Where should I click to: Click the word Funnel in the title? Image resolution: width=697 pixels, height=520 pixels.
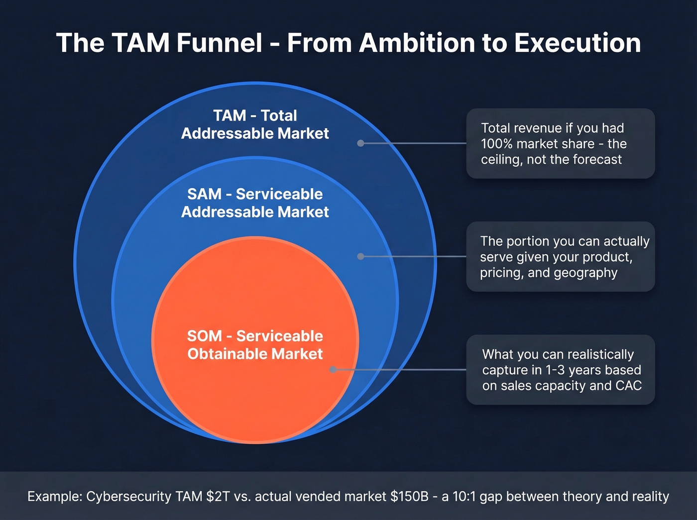[219, 43]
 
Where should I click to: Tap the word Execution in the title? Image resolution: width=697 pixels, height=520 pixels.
[578, 43]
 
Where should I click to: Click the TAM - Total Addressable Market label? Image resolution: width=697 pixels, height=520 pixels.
[255, 124]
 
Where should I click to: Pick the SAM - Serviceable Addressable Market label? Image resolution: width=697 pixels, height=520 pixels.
[255, 203]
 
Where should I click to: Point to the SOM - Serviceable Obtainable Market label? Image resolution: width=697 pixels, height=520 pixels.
[255, 345]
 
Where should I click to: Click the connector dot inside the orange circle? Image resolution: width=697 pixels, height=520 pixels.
[333, 370]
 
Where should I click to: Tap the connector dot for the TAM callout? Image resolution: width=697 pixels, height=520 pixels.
[360, 143]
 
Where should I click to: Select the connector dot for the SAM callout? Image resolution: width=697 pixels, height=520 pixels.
[360, 256]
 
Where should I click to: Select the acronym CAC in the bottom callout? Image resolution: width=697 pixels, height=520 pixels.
[629, 386]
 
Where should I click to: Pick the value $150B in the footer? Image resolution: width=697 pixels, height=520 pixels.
[409, 497]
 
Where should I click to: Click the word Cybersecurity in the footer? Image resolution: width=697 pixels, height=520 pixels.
[129, 497]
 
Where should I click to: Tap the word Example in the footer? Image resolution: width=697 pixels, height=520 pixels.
[54, 497]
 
